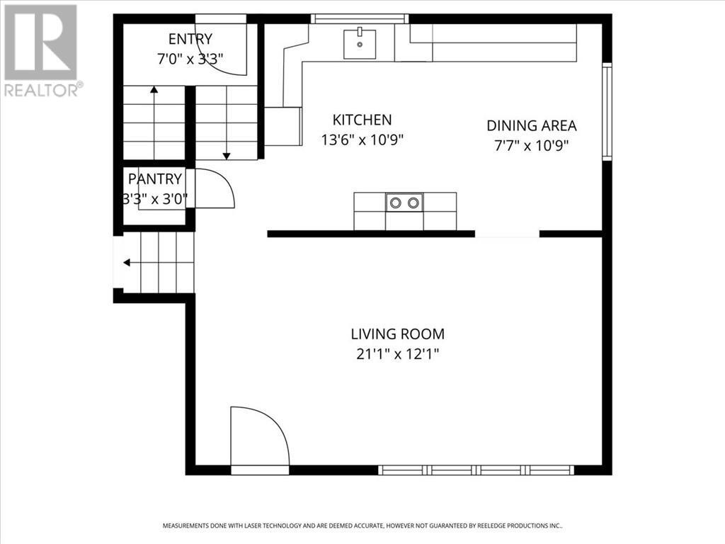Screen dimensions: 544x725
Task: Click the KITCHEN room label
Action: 362,120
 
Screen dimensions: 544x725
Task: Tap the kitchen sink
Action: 360,43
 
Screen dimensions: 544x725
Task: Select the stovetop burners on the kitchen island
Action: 404,203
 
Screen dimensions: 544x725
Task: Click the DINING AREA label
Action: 531,125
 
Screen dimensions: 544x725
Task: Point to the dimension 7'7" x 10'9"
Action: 531,145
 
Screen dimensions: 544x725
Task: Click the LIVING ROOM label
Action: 397,334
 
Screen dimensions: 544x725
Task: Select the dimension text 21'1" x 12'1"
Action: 397,353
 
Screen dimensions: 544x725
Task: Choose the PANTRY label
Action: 154,179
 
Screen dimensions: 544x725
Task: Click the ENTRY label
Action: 190,39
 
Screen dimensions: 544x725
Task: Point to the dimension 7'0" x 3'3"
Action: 190,59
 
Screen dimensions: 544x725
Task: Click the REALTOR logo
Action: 42,50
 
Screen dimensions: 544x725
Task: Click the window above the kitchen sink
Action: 360,19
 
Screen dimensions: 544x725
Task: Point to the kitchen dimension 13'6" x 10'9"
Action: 362,140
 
